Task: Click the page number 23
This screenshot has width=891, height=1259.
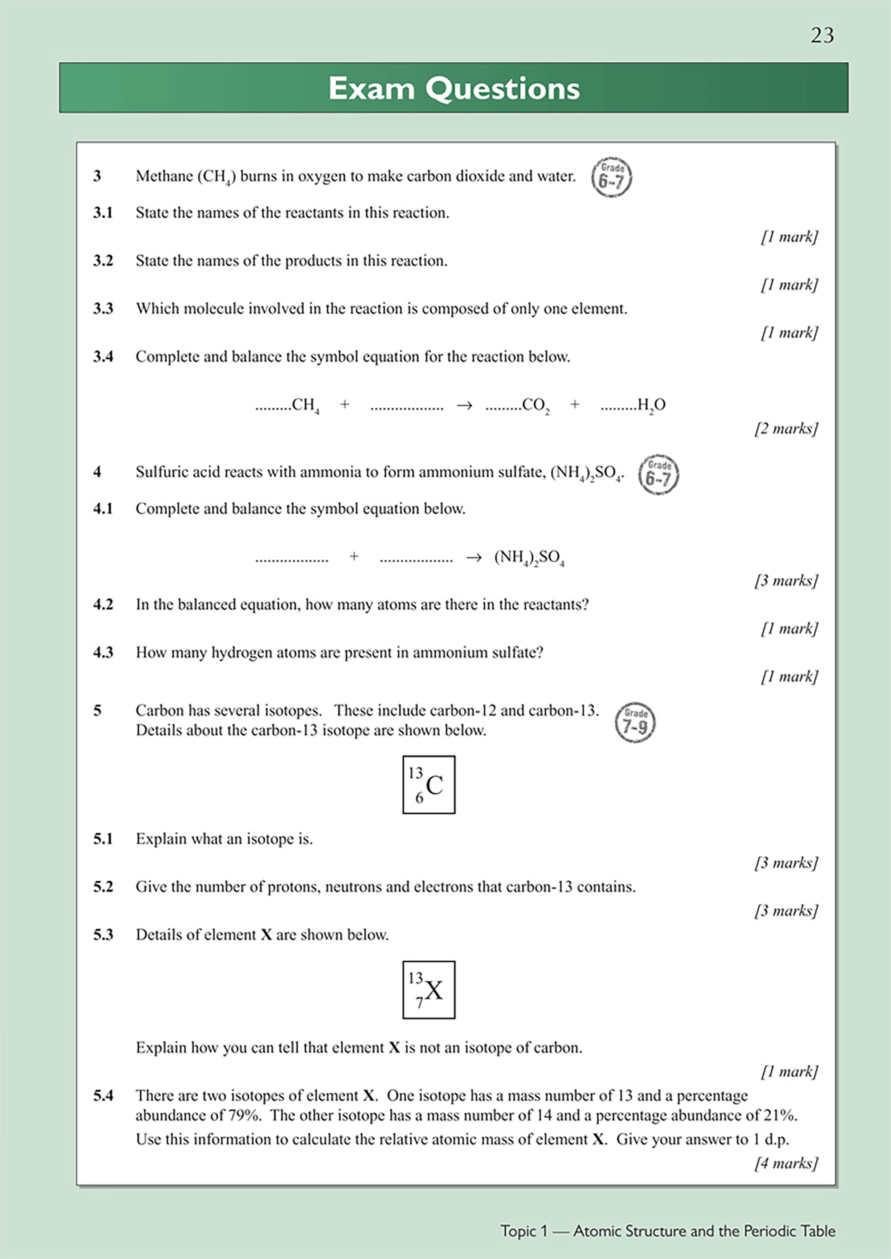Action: coord(822,35)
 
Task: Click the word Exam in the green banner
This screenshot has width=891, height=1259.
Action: coord(371,88)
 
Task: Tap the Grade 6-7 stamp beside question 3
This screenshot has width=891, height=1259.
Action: coord(611,178)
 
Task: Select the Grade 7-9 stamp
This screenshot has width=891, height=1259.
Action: coord(635,723)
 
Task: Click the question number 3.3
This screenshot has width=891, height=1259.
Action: coord(103,309)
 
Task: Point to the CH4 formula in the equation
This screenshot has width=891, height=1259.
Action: coord(306,405)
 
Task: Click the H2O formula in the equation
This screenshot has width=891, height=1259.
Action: coord(651,405)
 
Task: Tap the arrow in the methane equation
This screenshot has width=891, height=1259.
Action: coord(464,406)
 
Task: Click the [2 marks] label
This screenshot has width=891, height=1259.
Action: coord(786,429)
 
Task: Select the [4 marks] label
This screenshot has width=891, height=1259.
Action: coord(786,1163)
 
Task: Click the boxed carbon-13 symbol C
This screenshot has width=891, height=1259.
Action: coord(429,785)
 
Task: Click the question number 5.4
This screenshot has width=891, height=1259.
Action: coord(103,1096)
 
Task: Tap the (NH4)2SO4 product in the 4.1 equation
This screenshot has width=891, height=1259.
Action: coord(529,558)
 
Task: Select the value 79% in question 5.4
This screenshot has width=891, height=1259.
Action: coord(246,1116)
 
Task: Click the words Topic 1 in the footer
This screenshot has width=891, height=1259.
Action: coord(523,1231)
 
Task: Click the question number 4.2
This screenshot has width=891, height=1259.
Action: coord(103,605)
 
